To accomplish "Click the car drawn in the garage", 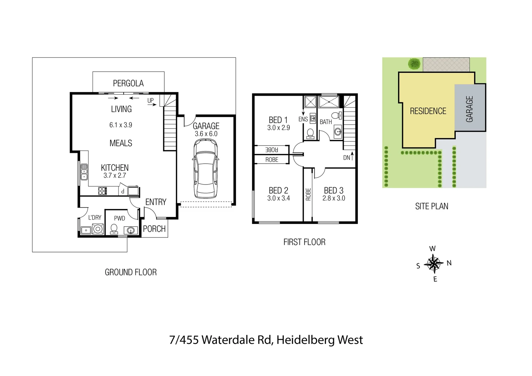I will click(x=205, y=169).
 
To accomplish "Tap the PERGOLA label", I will click(x=128, y=83).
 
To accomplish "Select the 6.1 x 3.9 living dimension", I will click(x=121, y=125).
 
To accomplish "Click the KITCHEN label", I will click(x=115, y=167).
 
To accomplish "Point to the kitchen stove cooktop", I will click(x=102, y=191).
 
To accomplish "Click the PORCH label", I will click(x=154, y=229).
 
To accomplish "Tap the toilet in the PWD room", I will click(x=114, y=229).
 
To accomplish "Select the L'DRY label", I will click(x=95, y=218).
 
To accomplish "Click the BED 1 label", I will click(x=278, y=120).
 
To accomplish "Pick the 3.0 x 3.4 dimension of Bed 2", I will click(x=279, y=198).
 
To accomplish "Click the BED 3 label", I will click(x=334, y=190).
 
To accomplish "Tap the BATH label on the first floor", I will click(x=326, y=122).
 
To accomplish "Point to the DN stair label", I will click(x=347, y=158).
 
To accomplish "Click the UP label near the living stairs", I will click(x=150, y=100).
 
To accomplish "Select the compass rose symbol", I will click(x=434, y=263).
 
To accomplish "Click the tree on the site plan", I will click(x=414, y=64).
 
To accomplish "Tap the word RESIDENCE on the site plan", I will click(x=428, y=111).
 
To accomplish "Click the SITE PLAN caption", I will click(x=432, y=206).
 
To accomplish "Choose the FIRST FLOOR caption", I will click(x=304, y=242).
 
